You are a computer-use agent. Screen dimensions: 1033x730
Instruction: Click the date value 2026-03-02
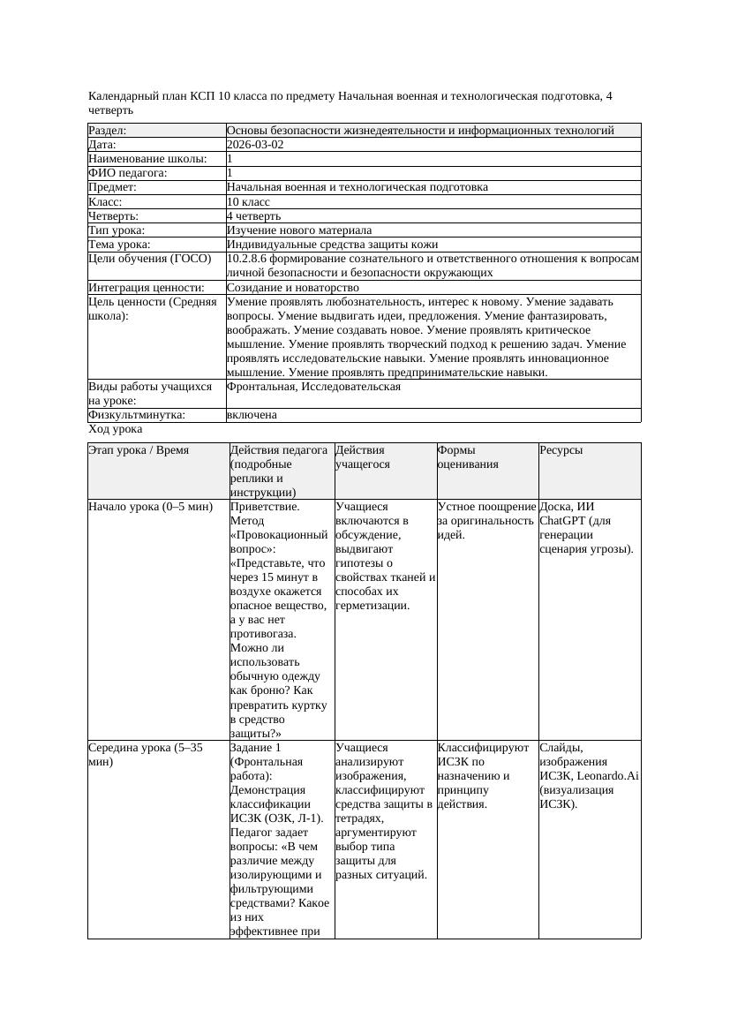click(255, 145)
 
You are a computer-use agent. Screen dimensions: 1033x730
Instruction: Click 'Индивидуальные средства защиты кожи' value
click(332, 245)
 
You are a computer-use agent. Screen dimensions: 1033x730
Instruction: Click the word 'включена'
click(252, 415)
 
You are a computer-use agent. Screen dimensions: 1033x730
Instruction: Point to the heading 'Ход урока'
click(116, 429)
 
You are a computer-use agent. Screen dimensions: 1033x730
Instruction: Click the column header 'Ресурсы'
click(561, 450)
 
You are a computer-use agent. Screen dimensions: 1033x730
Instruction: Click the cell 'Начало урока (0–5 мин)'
click(151, 508)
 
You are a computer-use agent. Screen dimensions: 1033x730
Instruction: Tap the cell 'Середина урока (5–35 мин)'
click(146, 754)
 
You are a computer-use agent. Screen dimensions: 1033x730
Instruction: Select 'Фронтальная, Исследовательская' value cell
click(313, 387)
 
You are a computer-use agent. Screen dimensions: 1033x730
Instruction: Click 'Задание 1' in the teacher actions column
click(255, 748)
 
